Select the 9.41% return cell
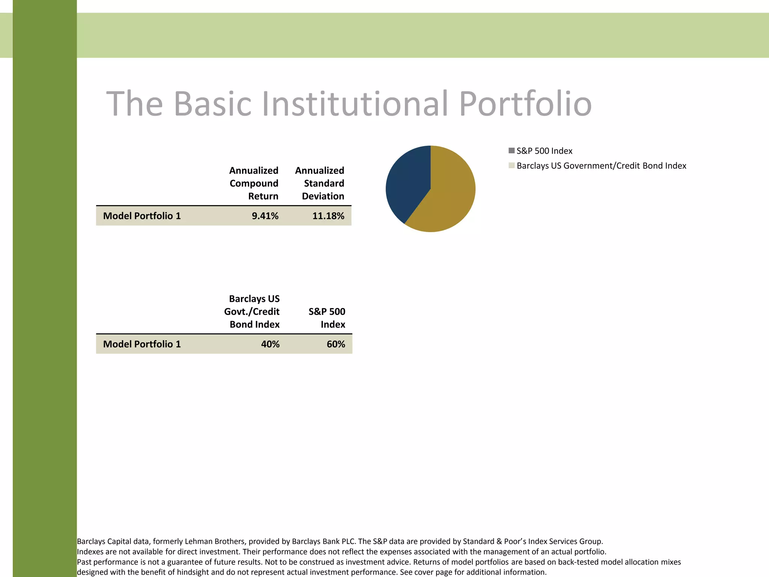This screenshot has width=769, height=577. coord(265,216)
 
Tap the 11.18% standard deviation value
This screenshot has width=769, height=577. coord(328,216)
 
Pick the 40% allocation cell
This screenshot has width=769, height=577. coord(270,344)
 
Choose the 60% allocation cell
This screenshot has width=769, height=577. coord(336,344)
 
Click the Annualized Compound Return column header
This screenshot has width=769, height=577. coord(254,183)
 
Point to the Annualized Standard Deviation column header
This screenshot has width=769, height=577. coord(320,183)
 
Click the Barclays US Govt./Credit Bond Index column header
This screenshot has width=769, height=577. coord(253,311)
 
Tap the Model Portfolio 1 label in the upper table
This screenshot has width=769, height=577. coord(142,216)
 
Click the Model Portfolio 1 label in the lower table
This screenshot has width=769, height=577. coord(142,344)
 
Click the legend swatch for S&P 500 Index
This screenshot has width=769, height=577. coord(511,151)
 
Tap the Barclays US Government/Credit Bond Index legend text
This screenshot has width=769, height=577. coord(601,166)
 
